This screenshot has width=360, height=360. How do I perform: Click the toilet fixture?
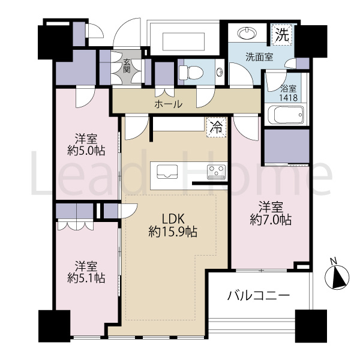click(x=191, y=73)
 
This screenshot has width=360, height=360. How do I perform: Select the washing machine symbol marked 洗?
click(x=282, y=35)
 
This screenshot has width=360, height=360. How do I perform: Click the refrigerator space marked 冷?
click(x=217, y=127)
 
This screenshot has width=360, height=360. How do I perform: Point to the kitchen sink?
click(x=167, y=171)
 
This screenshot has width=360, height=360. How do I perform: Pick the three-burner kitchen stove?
click(x=216, y=172)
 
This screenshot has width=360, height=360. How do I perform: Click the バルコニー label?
click(x=258, y=296)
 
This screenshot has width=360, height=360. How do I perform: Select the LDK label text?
click(x=173, y=219)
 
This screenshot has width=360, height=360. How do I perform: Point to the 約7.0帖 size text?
click(x=271, y=220)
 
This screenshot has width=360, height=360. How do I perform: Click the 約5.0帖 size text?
click(x=86, y=151)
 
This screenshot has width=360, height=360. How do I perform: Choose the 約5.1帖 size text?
click(x=86, y=278)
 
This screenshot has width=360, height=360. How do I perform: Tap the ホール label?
click(x=169, y=104)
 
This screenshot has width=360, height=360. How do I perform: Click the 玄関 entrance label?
click(x=127, y=65)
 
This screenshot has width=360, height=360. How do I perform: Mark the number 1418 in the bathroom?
click(x=289, y=98)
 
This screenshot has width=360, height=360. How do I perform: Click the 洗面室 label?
click(x=259, y=57)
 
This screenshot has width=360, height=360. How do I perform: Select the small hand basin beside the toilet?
click(x=220, y=72)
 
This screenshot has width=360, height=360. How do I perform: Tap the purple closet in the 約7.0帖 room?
click(x=287, y=146)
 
